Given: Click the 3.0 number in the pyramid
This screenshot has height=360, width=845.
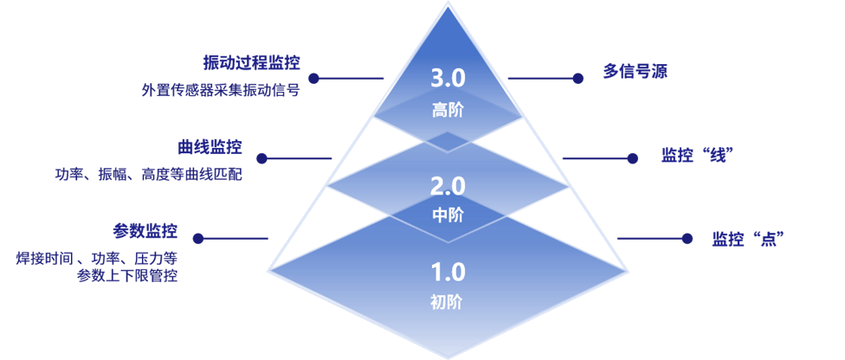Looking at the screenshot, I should click(x=448, y=79).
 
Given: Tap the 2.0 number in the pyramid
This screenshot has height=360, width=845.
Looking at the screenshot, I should click(x=448, y=186).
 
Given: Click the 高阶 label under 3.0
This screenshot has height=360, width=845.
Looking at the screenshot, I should click(x=448, y=110).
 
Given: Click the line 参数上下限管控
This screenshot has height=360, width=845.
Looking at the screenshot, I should click(x=128, y=276).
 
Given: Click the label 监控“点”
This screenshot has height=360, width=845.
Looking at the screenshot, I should click(x=741, y=239).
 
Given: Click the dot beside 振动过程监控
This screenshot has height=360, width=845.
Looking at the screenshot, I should click(x=313, y=78).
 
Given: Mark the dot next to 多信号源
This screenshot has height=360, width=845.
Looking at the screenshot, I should click(x=578, y=78).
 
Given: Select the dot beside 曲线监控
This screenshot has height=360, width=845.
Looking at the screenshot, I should click(x=261, y=158).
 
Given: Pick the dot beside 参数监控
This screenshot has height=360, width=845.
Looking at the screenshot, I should click(x=197, y=238).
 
